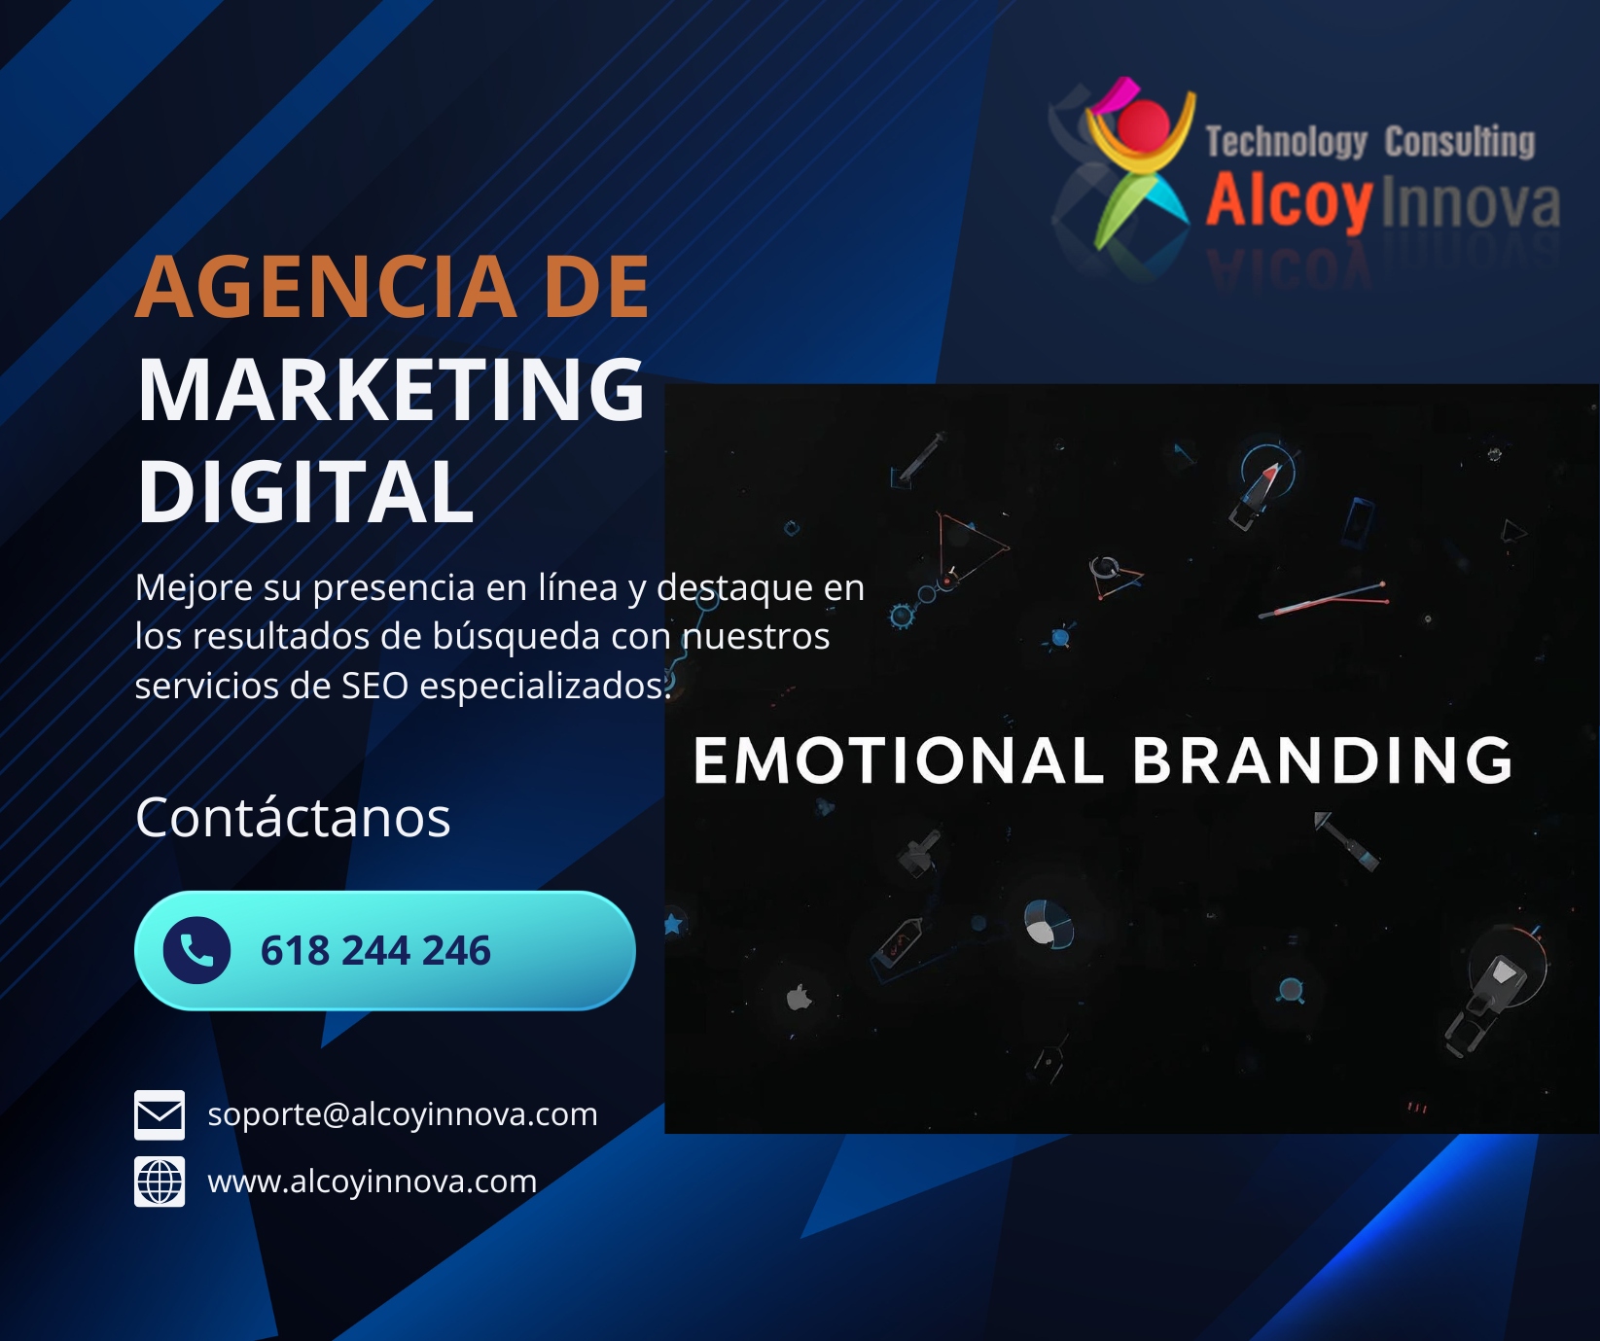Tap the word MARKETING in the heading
coord(391,390)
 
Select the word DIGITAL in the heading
coord(305,492)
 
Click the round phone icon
coord(196,950)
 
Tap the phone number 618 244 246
coord(375,951)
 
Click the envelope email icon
coord(160,1114)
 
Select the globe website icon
coord(160,1182)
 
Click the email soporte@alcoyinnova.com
coord(403,1114)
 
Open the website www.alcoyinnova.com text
coord(373,1182)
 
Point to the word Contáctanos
coord(293,817)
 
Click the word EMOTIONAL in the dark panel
coord(899,759)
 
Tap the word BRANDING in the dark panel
coord(1323,759)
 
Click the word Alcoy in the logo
coord(1290,201)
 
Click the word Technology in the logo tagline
coord(1286,142)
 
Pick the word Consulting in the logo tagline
coord(1460,141)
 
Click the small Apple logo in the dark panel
coord(800,997)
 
